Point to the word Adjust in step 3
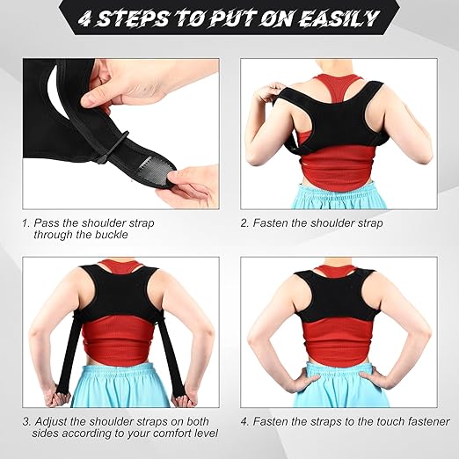coord(52,420)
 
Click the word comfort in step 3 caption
coord(160,433)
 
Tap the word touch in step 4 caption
coord(376,420)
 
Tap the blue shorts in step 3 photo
coord(117,387)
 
